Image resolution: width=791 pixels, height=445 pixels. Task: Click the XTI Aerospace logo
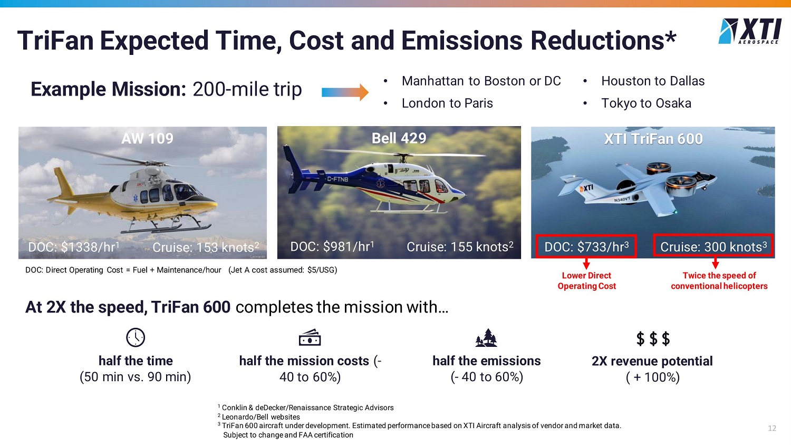(x=749, y=31)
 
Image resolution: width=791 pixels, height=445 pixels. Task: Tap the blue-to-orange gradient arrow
(x=345, y=92)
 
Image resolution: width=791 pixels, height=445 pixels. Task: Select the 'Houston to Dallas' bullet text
(x=653, y=81)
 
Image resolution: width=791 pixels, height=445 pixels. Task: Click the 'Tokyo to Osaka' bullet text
(x=646, y=103)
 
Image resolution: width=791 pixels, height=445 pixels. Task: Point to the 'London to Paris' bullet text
(x=447, y=103)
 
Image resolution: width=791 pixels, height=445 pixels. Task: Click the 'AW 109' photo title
(x=147, y=138)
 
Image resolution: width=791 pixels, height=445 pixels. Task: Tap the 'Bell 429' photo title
(x=399, y=138)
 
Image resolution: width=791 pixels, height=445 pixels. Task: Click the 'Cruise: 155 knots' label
(x=460, y=247)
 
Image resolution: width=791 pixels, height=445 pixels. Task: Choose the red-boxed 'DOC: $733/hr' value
(x=586, y=247)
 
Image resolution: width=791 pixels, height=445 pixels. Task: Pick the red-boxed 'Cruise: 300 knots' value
(x=713, y=247)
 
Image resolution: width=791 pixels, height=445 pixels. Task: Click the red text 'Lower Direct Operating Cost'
(x=586, y=281)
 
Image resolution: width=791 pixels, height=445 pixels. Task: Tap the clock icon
(x=135, y=337)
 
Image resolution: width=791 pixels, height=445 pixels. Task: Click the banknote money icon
(x=310, y=337)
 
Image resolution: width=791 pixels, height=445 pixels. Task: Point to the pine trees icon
(x=486, y=337)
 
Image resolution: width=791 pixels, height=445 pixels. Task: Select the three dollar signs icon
(x=653, y=338)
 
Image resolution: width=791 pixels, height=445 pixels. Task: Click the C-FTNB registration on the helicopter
(x=337, y=179)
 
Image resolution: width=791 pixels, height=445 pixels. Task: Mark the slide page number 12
(x=772, y=429)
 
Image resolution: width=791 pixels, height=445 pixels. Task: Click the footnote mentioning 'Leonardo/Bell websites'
(x=259, y=416)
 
